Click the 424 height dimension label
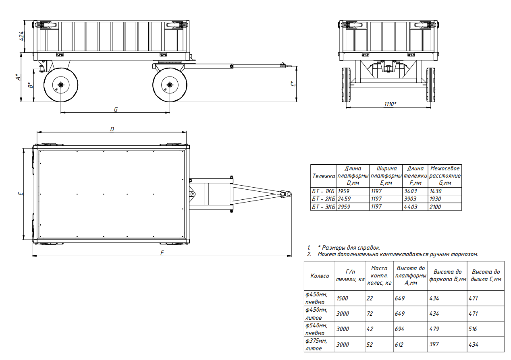21,36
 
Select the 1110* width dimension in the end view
390,104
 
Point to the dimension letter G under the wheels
116,110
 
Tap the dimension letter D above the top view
112,129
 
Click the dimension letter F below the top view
162,252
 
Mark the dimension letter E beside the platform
21,194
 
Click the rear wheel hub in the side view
61,85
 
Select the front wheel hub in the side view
170,85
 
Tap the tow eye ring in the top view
289,194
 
